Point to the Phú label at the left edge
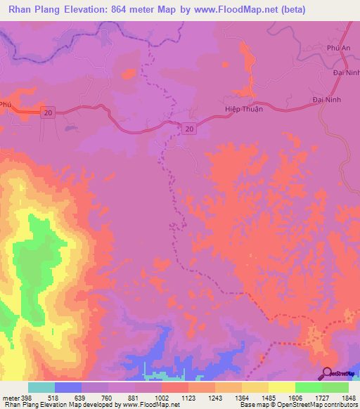pyautogui.click(x=6, y=103)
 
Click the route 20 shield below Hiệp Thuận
pyautogui.click(x=190, y=128)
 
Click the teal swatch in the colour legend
pyautogui.click(x=41, y=387)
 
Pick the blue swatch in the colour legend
pyautogui.click(x=68, y=387)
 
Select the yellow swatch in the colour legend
pyautogui.click(x=281, y=387)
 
